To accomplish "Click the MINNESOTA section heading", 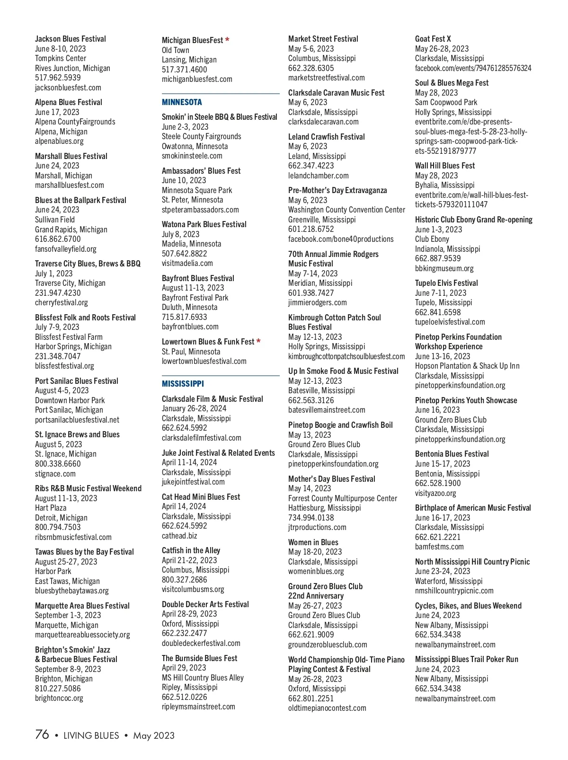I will click(182, 102).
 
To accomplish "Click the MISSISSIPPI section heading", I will click(183, 384).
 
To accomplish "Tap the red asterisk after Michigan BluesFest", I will click(227, 40).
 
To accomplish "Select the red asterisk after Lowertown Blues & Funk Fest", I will click(258, 342).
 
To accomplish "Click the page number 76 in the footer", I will click(42, 734).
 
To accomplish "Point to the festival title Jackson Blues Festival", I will click(71, 39).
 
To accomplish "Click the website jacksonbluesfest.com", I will click(68, 88).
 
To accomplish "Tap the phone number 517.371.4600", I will click(185, 70).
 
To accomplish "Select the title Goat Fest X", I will click(433, 39).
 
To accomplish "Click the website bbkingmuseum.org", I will click(444, 268).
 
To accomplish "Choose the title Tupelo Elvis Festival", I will click(446, 283).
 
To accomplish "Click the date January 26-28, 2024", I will click(194, 408).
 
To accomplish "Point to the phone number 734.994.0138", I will click(311, 518).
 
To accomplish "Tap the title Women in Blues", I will click(313, 542).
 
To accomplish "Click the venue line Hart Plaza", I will click(51, 508).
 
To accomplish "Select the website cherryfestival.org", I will click(62, 302).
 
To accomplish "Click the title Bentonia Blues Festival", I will click(452, 454).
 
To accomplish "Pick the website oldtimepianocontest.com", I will click(327, 708).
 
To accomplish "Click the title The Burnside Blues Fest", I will click(200, 658).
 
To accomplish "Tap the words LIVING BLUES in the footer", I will click(91, 735).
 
